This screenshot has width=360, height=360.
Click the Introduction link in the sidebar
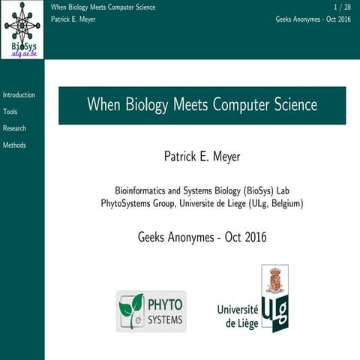click(19, 95)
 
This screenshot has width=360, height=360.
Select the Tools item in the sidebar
click(10, 112)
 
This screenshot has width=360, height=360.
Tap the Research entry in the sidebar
click(14, 128)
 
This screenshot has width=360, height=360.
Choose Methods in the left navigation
click(14, 145)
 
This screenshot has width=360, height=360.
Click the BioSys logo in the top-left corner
click(22, 29)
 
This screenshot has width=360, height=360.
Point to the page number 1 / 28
click(342, 7)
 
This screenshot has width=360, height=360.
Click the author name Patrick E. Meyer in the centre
click(202, 157)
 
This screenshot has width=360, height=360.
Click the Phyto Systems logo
click(151, 311)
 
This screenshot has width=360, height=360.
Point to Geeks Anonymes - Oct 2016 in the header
click(313, 19)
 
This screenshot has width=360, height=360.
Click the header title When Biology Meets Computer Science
click(103, 7)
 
